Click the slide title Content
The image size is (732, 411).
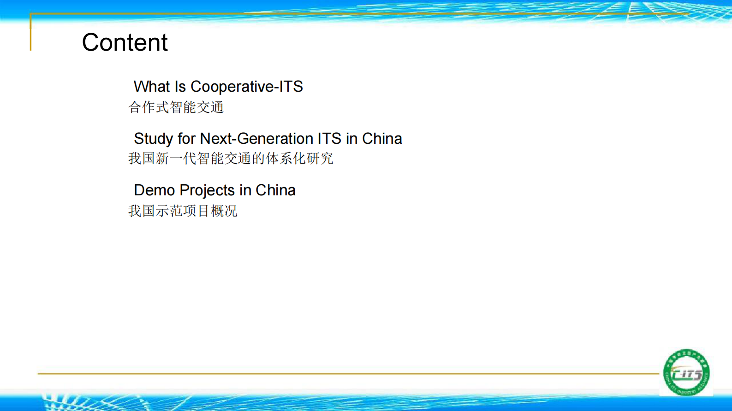tap(125, 42)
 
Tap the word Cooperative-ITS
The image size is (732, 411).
tap(247, 87)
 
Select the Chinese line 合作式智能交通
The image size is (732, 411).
tap(176, 107)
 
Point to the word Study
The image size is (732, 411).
tap(153, 139)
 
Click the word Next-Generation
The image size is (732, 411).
tap(256, 138)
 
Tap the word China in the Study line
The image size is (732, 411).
tap(382, 138)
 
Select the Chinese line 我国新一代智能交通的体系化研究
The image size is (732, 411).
tap(231, 159)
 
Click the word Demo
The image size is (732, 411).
tap(154, 190)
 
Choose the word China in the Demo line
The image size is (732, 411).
tap(275, 190)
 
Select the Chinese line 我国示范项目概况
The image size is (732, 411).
tap(183, 211)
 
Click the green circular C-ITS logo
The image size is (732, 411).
tap(686, 372)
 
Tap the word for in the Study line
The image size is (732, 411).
tap(187, 138)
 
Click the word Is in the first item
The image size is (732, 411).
tap(180, 87)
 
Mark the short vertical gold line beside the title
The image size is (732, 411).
tap(31, 32)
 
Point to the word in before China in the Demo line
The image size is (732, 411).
tap(245, 190)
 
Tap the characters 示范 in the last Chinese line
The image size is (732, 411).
tap(169, 211)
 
